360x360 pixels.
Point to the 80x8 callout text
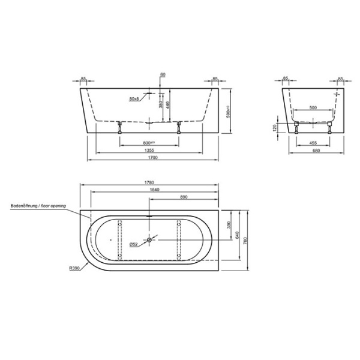point(134,98)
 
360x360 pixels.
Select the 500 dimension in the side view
point(313,107)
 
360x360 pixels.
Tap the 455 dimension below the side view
point(313,142)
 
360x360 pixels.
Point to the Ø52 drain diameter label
point(134,244)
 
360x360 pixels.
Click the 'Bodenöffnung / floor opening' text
point(38,205)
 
